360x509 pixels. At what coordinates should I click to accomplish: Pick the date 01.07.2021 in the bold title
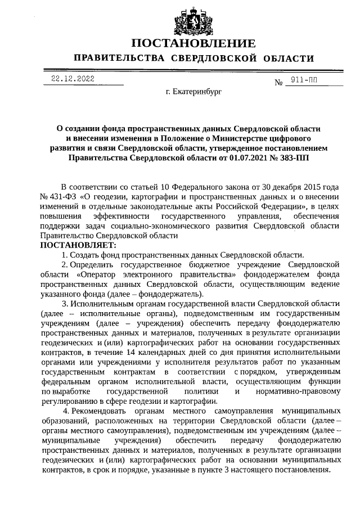pyautogui.click(x=245, y=159)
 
